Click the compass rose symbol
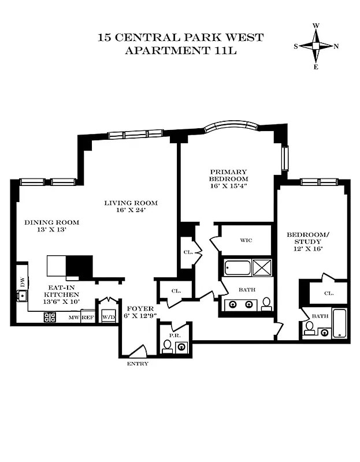click(x=316, y=47)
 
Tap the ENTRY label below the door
click(x=138, y=364)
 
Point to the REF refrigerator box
click(x=87, y=318)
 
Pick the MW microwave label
click(x=73, y=318)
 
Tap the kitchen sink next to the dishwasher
click(x=22, y=297)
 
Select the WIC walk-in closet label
click(x=247, y=241)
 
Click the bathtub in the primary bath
click(x=237, y=269)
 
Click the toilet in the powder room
click(x=167, y=346)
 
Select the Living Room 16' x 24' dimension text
click(x=131, y=210)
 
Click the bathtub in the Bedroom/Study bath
click(x=339, y=323)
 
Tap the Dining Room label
click(x=51, y=222)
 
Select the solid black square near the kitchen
click(x=79, y=267)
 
